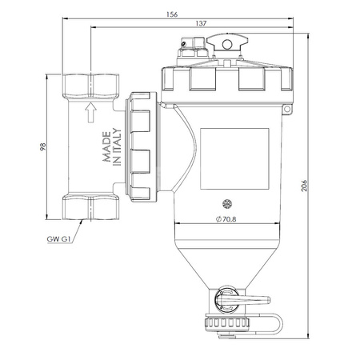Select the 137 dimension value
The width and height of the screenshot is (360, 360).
(x=200, y=25)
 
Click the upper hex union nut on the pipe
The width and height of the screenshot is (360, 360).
(x=90, y=82)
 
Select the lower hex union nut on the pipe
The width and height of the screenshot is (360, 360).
(x=90, y=209)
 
